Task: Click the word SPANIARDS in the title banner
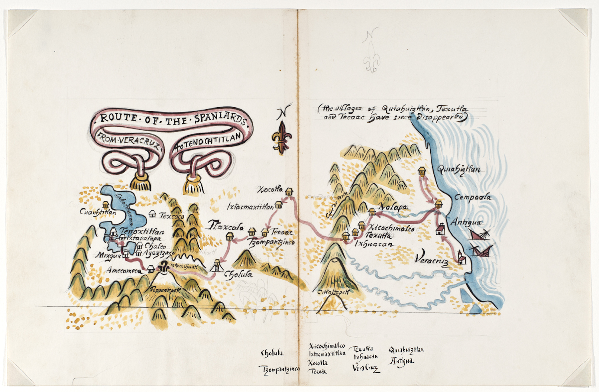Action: click(220, 119)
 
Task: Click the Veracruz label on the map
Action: click(432, 259)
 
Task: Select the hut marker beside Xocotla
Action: click(289, 192)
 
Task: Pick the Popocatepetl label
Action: click(165, 290)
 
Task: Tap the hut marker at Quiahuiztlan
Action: click(422, 171)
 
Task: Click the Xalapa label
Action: click(393, 207)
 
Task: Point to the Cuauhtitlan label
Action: click(98, 212)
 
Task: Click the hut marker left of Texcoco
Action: click(152, 214)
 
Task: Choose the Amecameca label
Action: click(124, 270)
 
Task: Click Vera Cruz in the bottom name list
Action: click(366, 368)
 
